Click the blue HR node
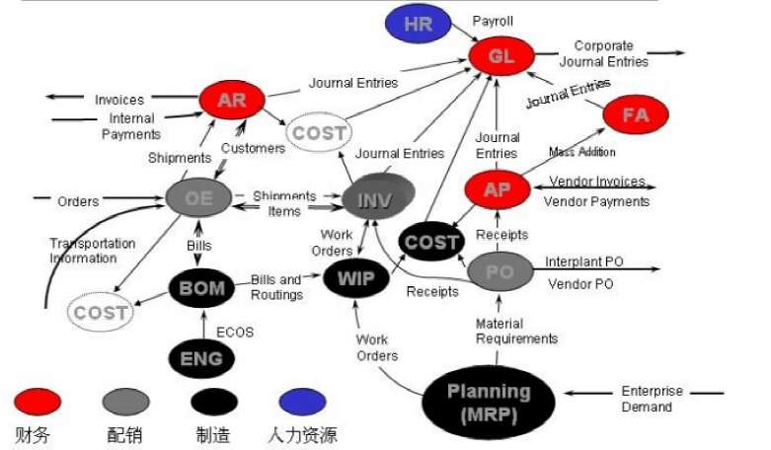click(418, 25)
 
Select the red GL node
click(501, 56)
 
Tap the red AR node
click(231, 100)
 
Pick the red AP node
click(497, 189)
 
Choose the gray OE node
click(198, 197)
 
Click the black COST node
click(430, 242)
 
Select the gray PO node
click(500, 271)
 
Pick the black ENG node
click(201, 357)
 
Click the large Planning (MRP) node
click(488, 402)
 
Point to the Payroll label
click(493, 21)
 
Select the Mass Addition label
click(582, 152)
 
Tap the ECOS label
click(235, 333)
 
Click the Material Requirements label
click(516, 331)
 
